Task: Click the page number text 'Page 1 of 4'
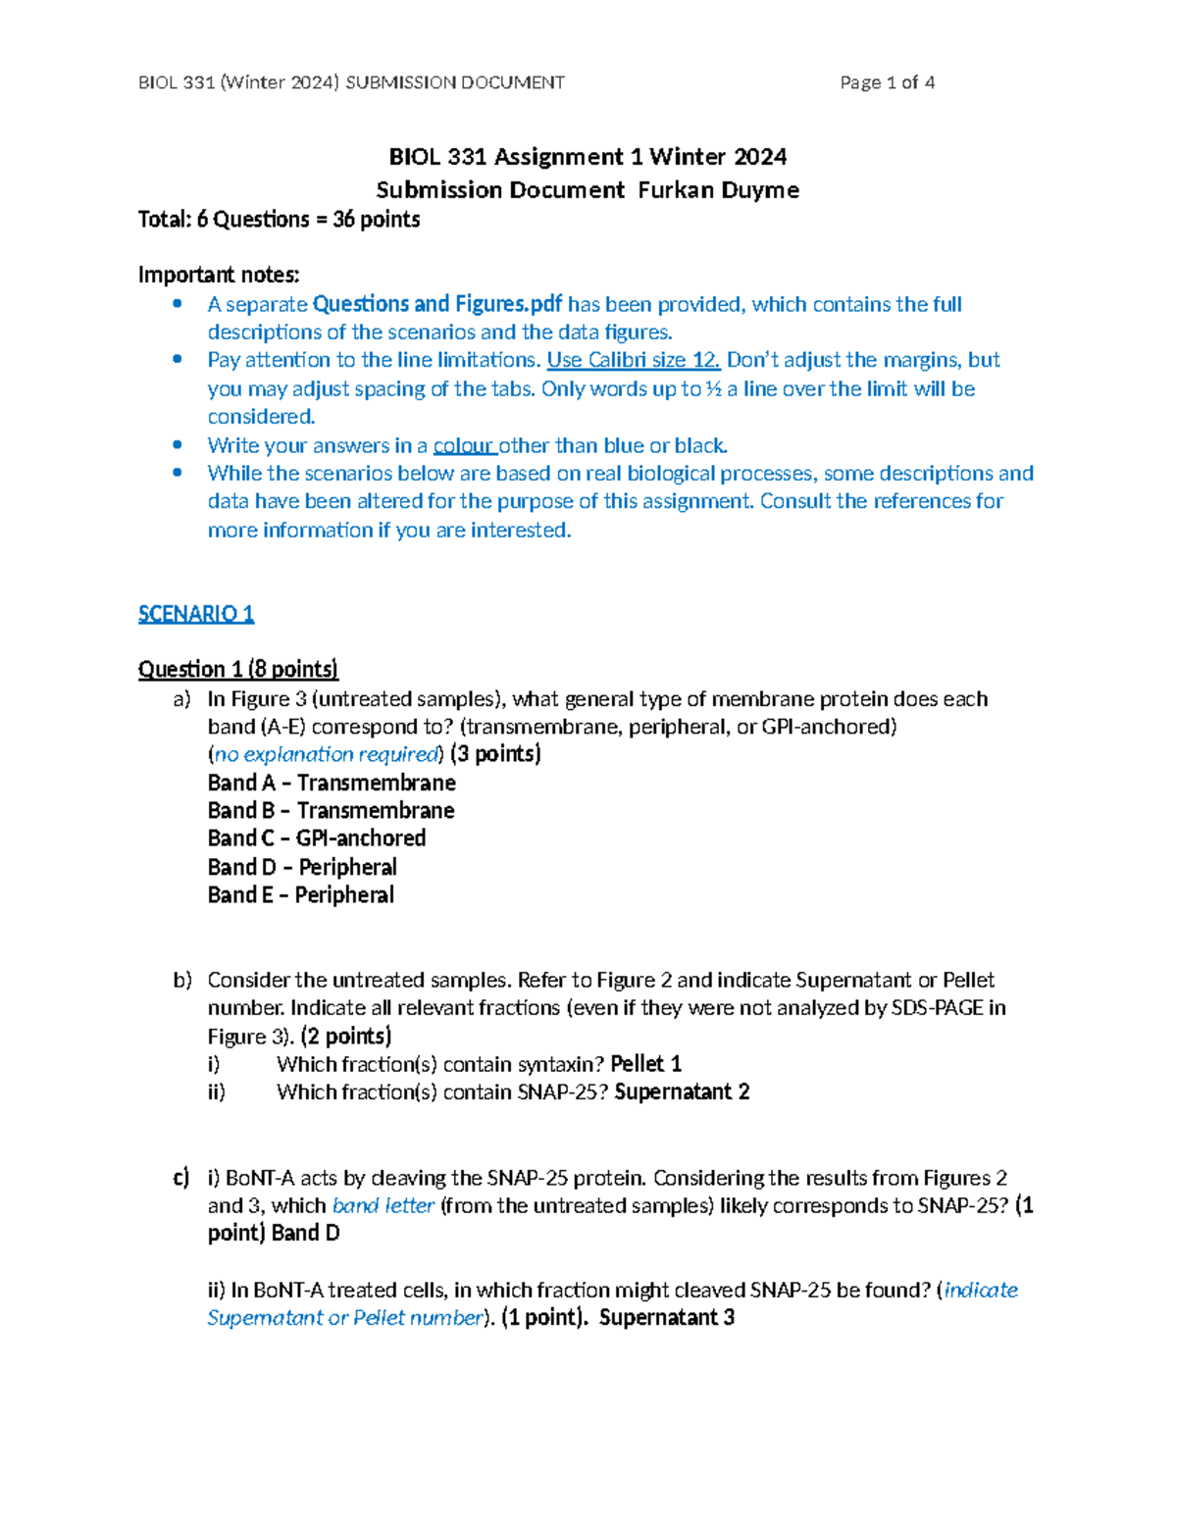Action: pyautogui.click(x=887, y=82)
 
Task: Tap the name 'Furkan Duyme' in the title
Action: pyautogui.click(x=718, y=190)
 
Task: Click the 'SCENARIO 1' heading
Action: pyautogui.click(x=196, y=614)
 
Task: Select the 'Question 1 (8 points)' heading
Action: pyautogui.click(x=238, y=669)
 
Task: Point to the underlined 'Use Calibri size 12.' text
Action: pyautogui.click(x=633, y=360)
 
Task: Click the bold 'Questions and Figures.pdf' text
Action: pyautogui.click(x=436, y=304)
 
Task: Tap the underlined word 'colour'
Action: pyautogui.click(x=464, y=445)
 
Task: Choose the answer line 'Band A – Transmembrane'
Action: pyautogui.click(x=332, y=783)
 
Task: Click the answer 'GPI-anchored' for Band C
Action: pyautogui.click(x=361, y=838)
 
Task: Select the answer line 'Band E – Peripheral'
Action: pyautogui.click(x=300, y=894)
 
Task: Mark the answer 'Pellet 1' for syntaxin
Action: pyautogui.click(x=645, y=1064)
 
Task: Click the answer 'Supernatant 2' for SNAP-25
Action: pyautogui.click(x=682, y=1091)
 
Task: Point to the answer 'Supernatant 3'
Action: pyautogui.click(x=667, y=1317)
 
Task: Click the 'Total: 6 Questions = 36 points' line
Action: pyautogui.click(x=280, y=219)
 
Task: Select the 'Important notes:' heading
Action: pyautogui.click(x=219, y=275)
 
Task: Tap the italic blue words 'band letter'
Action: pyautogui.click(x=383, y=1205)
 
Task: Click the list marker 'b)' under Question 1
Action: pyautogui.click(x=182, y=980)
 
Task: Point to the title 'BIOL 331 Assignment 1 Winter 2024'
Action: pyautogui.click(x=588, y=157)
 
